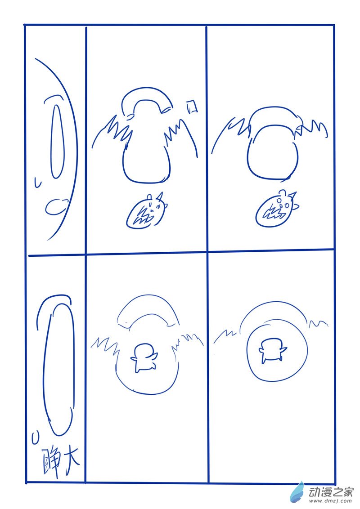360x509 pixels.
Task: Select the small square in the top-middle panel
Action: pos(192,107)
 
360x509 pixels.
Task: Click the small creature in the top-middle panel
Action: pos(147,211)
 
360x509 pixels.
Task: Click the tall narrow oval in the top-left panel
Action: pos(58,142)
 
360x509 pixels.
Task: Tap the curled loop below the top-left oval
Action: pos(56,207)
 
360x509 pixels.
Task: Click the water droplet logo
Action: pos(297,491)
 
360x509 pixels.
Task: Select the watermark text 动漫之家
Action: pos(330,492)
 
